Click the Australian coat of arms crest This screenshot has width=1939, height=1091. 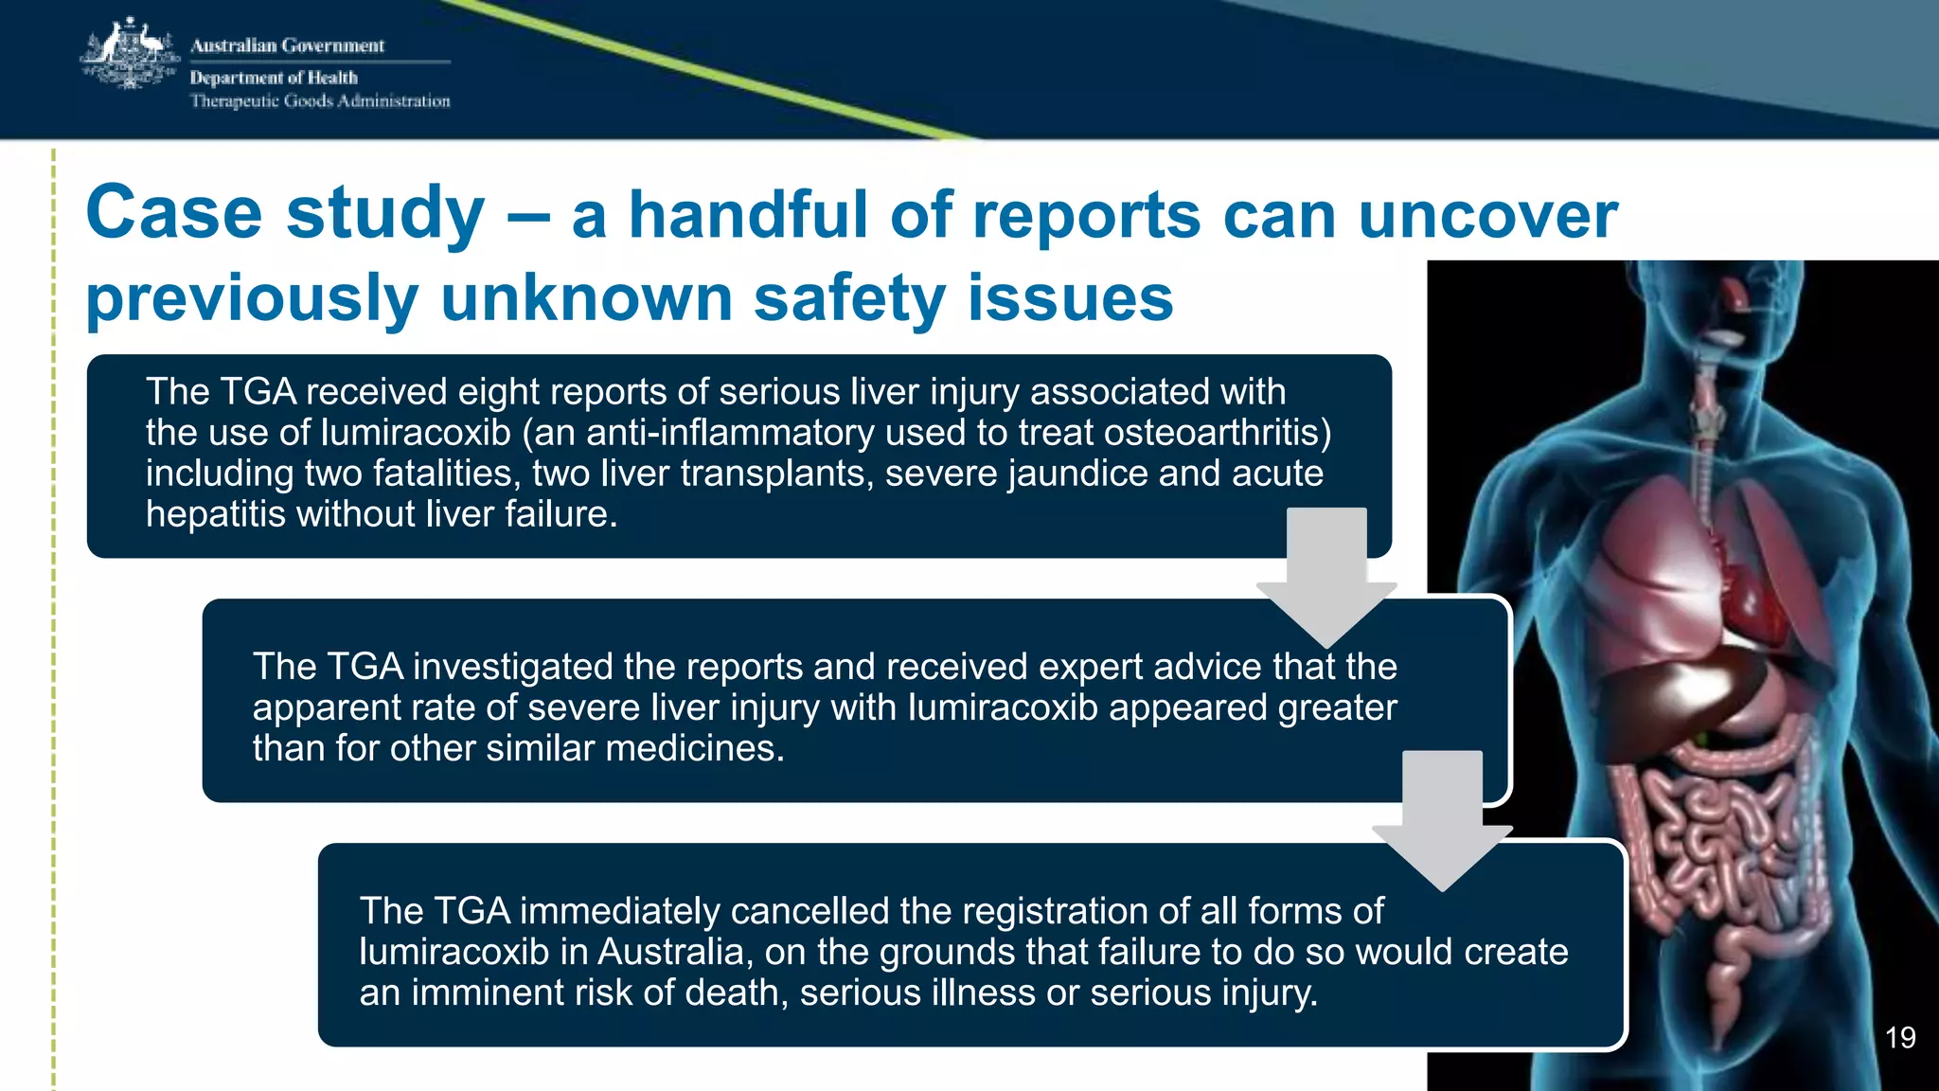coord(130,54)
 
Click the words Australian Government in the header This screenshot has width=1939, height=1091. coord(287,45)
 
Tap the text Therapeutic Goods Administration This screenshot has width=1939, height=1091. coord(320,101)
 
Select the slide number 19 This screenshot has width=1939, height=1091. coord(1899,1038)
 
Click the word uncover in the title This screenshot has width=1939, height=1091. coord(1487,215)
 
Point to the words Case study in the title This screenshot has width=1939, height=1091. coord(285,212)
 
